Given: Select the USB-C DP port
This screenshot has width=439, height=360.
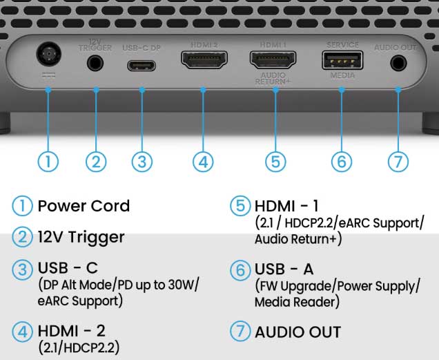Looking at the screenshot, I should [142, 66].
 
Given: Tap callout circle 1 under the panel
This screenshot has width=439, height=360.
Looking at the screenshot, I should [48, 161].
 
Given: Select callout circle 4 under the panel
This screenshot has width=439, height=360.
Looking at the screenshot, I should [202, 161].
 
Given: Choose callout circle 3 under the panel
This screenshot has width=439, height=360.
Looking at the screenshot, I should [142, 161].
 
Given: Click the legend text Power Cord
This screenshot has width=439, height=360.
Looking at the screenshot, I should [84, 206].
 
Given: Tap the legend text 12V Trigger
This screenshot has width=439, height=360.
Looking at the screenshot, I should [81, 237].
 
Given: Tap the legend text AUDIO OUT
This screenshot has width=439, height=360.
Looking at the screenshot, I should [297, 332].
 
